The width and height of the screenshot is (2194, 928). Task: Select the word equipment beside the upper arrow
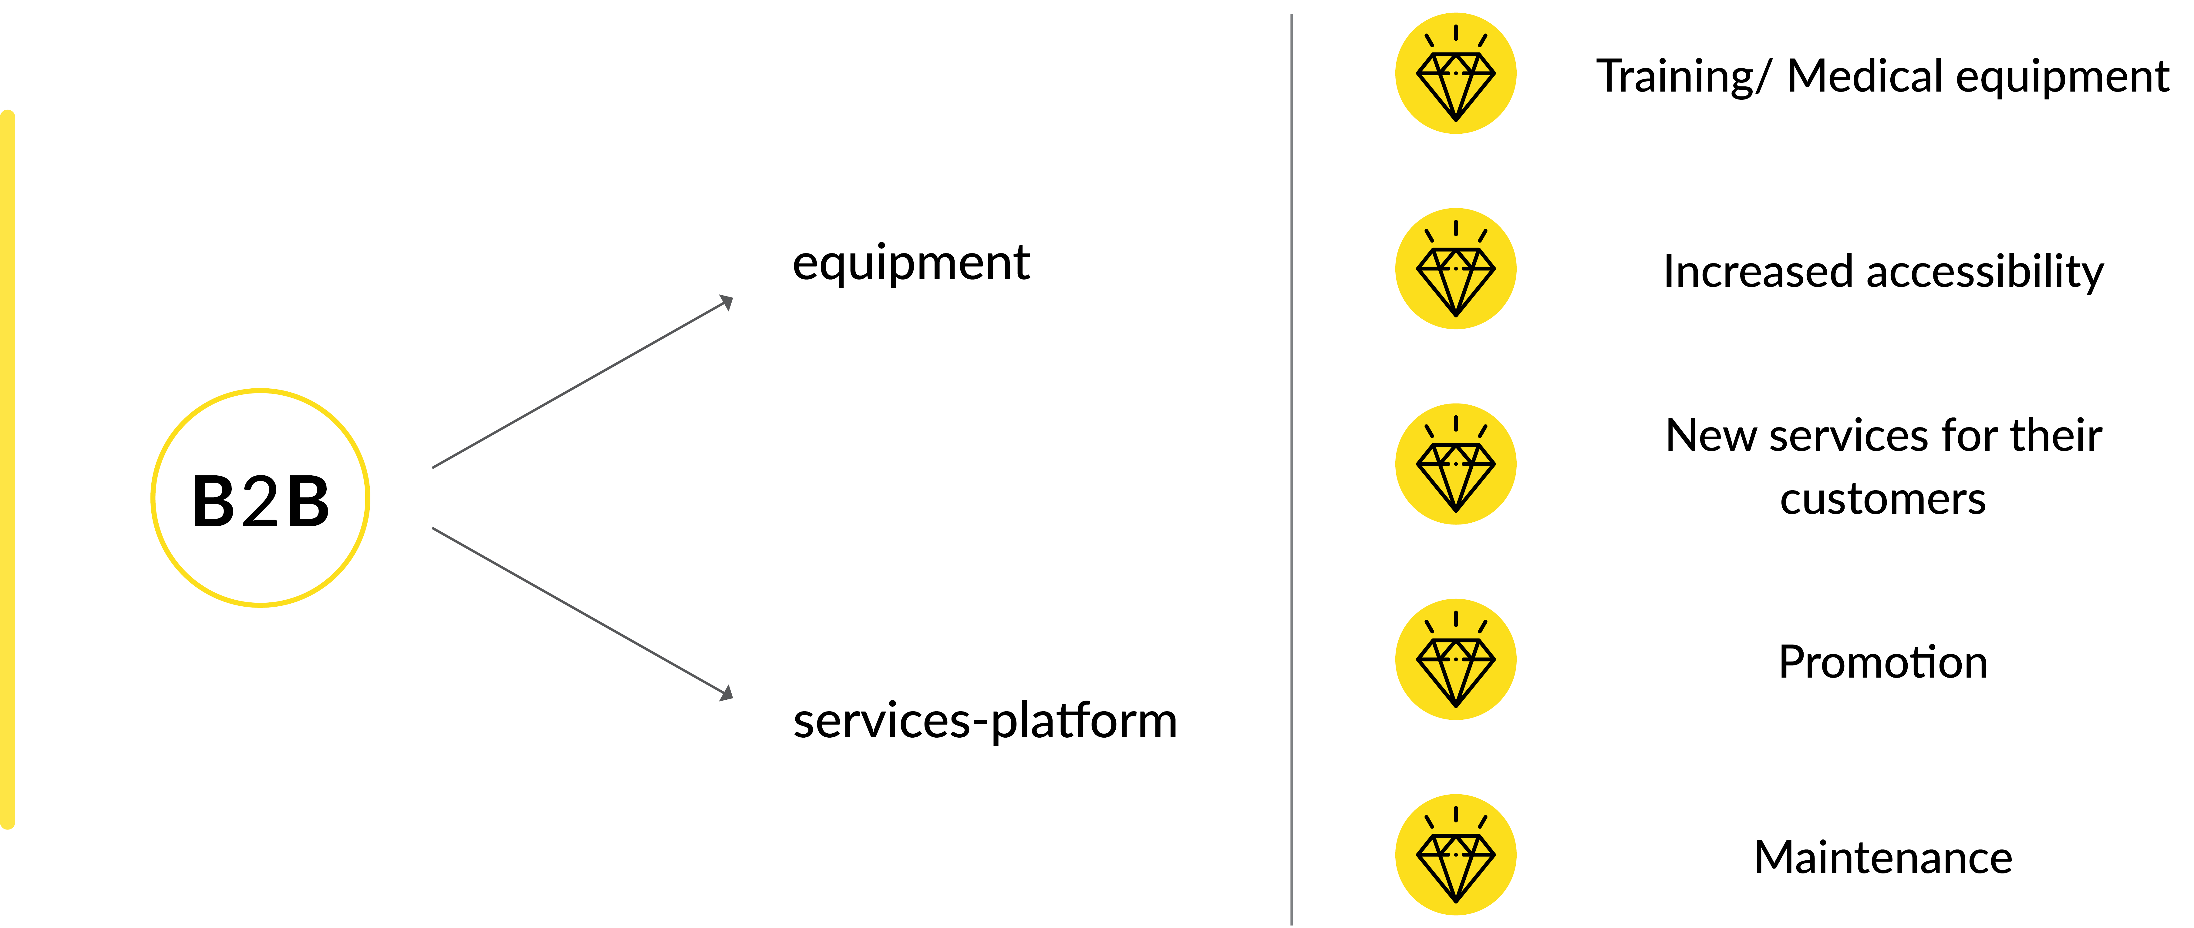coord(911,263)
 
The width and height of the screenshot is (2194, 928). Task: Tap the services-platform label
coord(985,721)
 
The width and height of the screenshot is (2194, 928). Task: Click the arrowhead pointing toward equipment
coord(726,302)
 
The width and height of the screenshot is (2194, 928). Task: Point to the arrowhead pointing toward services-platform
coord(726,694)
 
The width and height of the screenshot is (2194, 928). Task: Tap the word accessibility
coord(1984,273)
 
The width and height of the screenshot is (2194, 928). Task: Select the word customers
coord(1882,499)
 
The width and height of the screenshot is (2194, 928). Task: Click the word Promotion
coord(1882,662)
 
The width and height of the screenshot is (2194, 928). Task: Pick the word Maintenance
coord(1882,857)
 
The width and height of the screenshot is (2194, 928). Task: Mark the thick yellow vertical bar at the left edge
coord(8,468)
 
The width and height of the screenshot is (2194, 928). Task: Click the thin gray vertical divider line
coord(1291,468)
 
